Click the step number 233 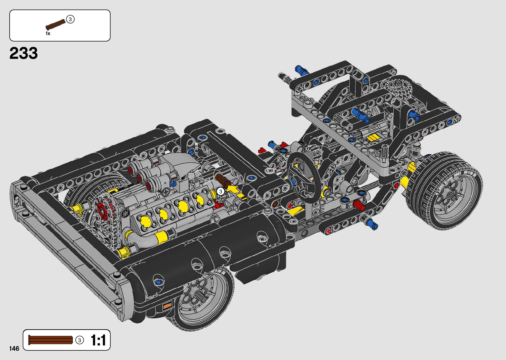click(x=23, y=53)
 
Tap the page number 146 click(x=14, y=348)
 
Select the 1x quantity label click(x=48, y=33)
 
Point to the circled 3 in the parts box click(x=70, y=19)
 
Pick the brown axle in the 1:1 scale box click(x=50, y=340)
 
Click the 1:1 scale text click(x=98, y=340)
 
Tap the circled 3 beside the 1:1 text click(x=80, y=340)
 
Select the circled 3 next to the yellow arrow click(x=220, y=192)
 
